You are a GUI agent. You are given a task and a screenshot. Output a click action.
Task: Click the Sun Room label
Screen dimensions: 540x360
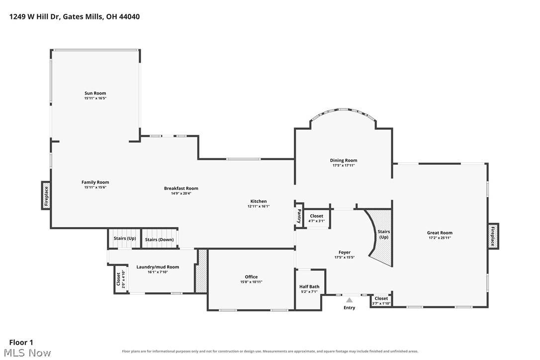coord(95,93)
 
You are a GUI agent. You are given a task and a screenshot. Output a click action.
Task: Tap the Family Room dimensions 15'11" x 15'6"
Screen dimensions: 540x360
coord(95,187)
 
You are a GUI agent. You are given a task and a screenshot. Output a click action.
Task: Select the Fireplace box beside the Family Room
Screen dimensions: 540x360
coord(46,195)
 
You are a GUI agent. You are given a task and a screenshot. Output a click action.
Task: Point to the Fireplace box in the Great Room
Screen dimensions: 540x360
coord(493,236)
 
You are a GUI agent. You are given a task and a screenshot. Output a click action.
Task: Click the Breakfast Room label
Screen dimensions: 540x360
coord(181,188)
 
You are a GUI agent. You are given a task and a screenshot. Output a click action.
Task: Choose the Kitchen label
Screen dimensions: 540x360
coord(258,201)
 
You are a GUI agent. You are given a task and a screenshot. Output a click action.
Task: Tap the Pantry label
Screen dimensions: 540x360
coord(299,216)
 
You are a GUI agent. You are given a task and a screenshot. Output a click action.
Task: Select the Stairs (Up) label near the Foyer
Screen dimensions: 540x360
coord(384,234)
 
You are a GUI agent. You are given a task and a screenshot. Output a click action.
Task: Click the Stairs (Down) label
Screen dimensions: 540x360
coord(159,240)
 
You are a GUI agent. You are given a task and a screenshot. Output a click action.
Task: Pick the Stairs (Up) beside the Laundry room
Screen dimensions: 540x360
coord(125,238)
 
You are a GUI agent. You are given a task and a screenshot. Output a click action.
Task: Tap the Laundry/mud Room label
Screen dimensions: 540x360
coord(158,267)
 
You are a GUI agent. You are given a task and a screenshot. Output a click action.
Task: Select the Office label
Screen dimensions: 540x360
coord(251,277)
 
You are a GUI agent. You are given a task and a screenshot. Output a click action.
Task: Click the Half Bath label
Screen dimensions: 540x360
coord(309,286)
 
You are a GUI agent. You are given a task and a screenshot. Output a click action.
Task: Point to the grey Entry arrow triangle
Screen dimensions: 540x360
coord(349,300)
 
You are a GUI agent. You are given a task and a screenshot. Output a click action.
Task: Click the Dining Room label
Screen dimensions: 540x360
coord(344,160)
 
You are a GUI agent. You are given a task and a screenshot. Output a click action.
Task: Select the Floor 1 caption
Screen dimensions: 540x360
coord(21,343)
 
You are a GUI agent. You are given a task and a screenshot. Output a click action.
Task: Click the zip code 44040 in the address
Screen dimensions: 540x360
coord(129,16)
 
